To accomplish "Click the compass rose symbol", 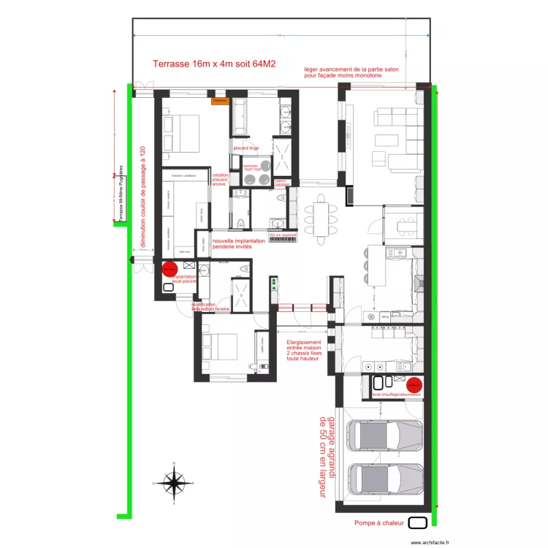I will (x=174, y=483).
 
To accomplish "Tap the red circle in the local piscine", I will (x=170, y=270).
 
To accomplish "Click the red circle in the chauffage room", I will (x=414, y=385).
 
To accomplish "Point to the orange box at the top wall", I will (x=220, y=100).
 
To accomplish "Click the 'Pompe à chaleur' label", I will (x=379, y=523).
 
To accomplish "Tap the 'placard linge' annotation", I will (x=246, y=148).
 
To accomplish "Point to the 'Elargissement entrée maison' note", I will (x=303, y=350).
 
